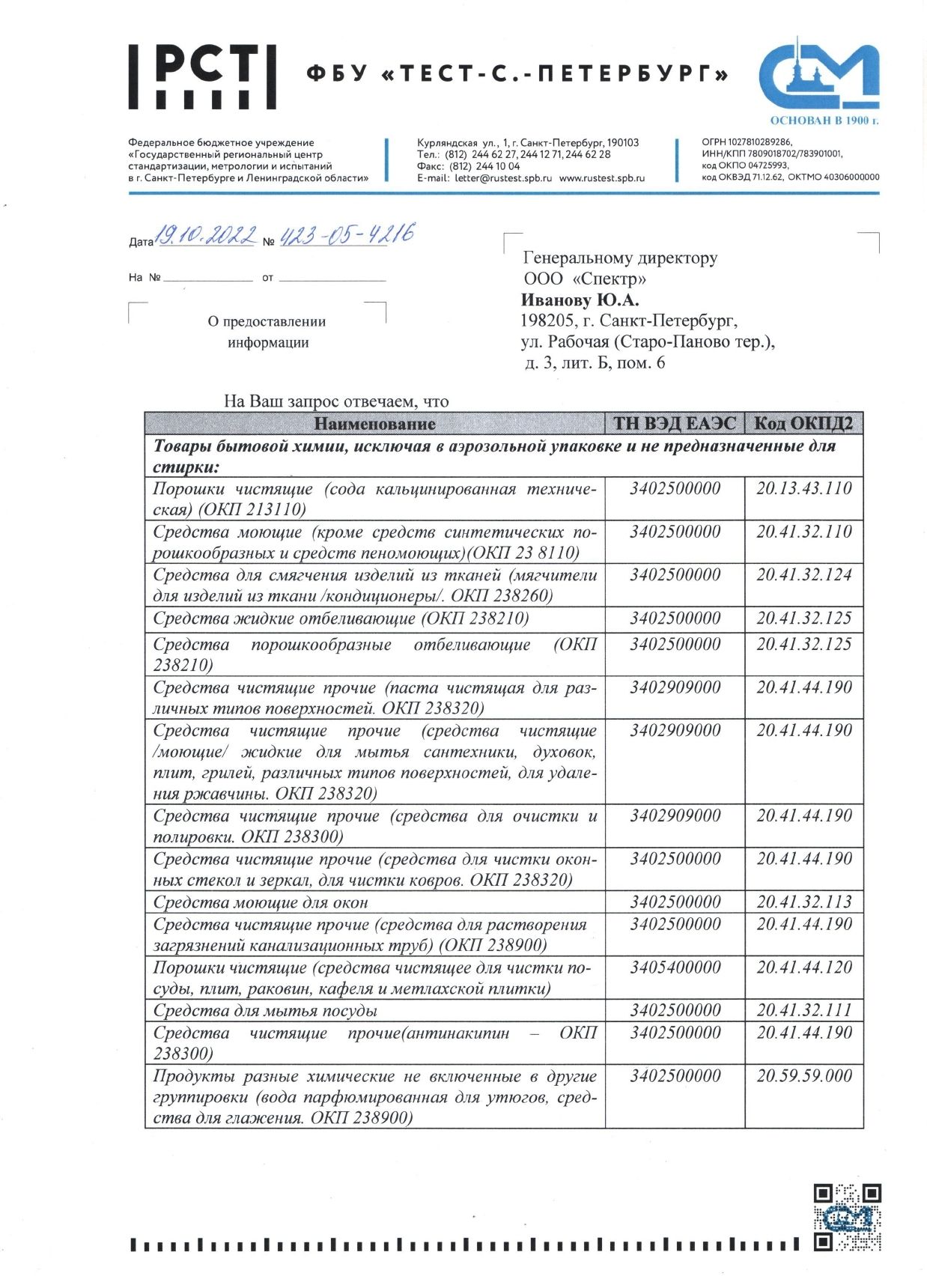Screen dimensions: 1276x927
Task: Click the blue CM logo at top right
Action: click(x=818, y=75)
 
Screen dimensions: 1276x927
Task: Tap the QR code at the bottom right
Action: click(x=847, y=1217)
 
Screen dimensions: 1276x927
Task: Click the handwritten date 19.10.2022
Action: click(x=205, y=236)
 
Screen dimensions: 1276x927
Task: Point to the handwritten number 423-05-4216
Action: click(x=346, y=235)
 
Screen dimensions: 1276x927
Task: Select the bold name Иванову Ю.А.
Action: click(x=580, y=300)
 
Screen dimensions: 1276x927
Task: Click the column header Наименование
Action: click(x=374, y=424)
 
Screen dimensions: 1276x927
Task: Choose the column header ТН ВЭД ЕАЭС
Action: click(x=675, y=424)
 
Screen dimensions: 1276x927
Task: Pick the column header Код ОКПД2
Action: click(x=803, y=424)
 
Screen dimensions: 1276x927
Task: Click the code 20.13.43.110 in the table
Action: click(x=803, y=489)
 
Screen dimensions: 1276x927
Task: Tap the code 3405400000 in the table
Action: click(x=675, y=967)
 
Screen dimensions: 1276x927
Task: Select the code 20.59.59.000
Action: click(x=803, y=1076)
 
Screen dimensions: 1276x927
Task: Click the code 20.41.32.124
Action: click(x=803, y=575)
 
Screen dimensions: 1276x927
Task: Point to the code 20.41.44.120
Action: click(x=803, y=967)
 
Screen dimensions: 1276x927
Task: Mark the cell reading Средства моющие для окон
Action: click(x=261, y=903)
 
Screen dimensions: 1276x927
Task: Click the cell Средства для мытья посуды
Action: click(x=265, y=1011)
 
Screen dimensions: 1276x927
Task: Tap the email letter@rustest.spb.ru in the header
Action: click(x=502, y=178)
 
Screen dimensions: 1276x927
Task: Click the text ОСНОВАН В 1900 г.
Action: click(x=824, y=121)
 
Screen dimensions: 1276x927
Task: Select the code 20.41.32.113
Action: click(x=803, y=902)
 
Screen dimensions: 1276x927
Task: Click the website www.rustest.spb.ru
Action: click(x=602, y=178)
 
